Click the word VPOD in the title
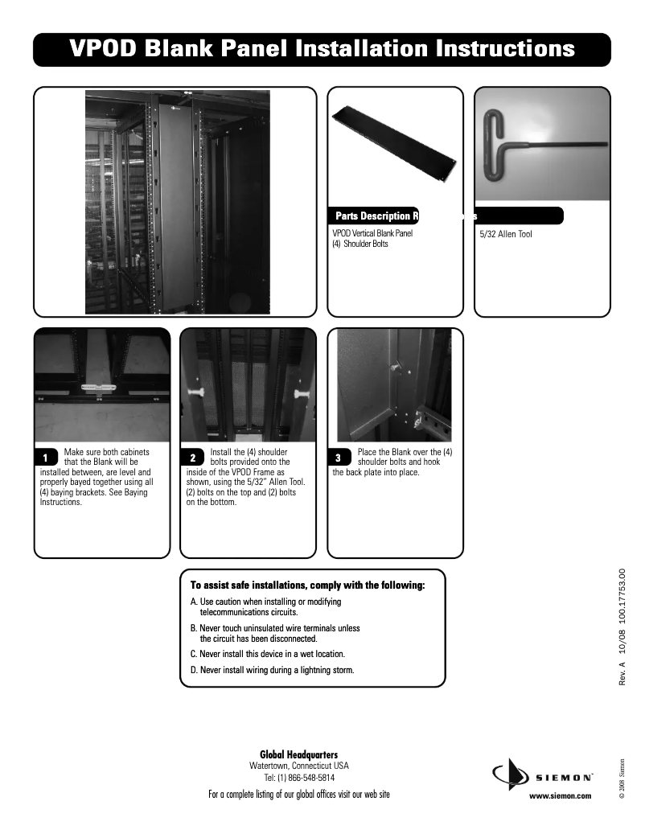[103, 49]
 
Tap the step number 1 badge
[47, 458]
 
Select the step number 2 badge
[193, 458]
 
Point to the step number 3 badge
[339, 458]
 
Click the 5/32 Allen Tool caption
[505, 235]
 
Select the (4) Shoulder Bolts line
[360, 244]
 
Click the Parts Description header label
[375, 216]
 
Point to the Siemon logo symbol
[508, 775]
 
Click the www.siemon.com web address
[560, 795]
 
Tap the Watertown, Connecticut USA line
[299, 766]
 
